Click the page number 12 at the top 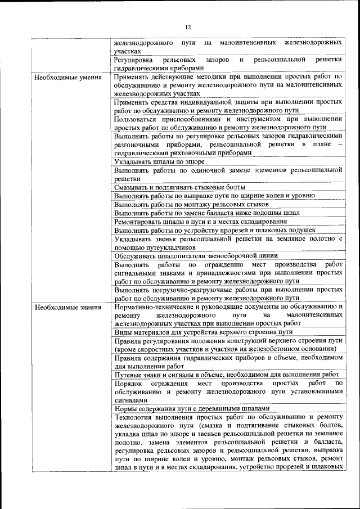(x=188, y=26)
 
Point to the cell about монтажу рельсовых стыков (x=191, y=204)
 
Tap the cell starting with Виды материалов (x=203, y=332)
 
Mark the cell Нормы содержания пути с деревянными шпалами (x=192, y=408)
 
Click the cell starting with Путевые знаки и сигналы (x=226, y=374)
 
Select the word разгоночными (x=138, y=145)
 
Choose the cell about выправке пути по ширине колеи (x=214, y=196)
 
